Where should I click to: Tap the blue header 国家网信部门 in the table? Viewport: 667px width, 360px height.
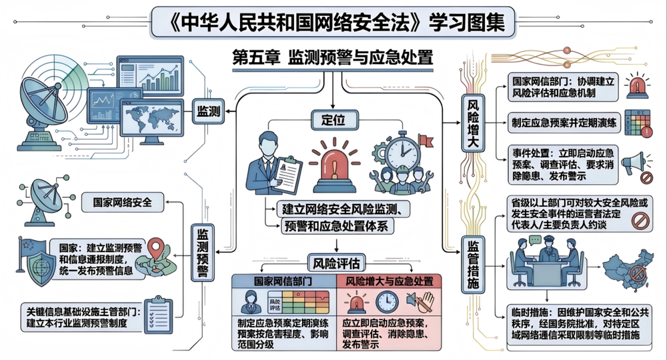(282, 281)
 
